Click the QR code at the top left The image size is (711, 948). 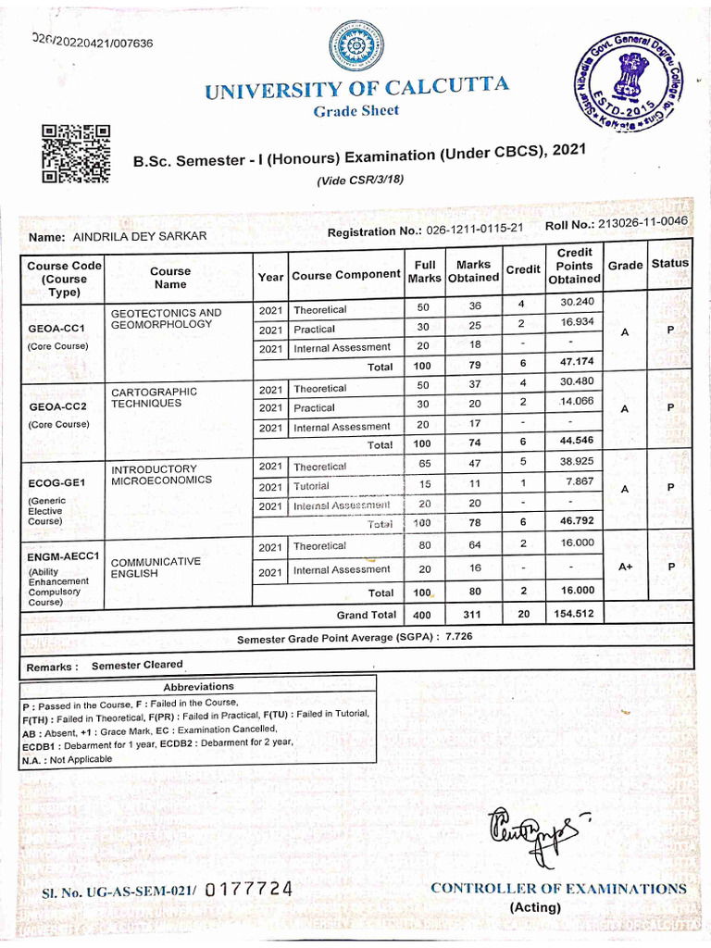[75, 154]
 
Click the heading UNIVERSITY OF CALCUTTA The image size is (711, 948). [356, 89]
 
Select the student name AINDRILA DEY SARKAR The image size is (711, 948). [139, 236]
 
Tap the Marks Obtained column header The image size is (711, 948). [473, 271]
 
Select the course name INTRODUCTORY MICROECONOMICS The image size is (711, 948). [162, 475]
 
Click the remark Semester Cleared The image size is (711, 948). [137, 665]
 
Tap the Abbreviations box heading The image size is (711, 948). [198, 686]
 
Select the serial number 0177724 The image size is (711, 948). [249, 890]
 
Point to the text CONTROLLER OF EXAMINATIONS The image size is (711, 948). [558, 888]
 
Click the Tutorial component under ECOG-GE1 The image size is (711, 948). [311, 486]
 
